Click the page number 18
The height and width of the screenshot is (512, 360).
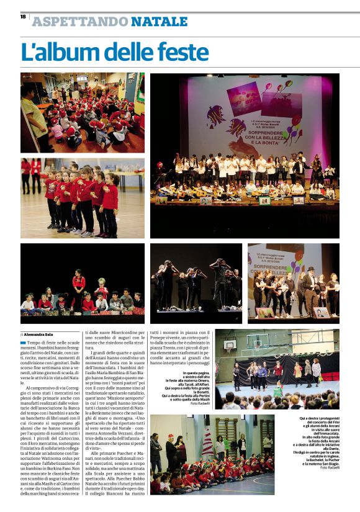[x=23, y=17]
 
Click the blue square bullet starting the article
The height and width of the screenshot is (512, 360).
[x=23, y=342]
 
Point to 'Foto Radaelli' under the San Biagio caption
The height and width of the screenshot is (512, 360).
[x=329, y=467]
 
